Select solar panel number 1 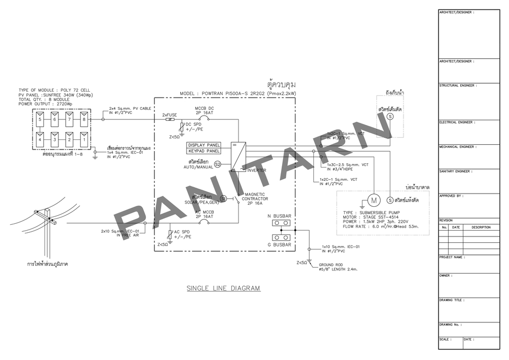click(83, 139)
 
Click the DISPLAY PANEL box click(204, 145)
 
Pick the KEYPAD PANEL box click(204, 151)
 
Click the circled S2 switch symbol click(217, 165)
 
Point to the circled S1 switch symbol click(224, 198)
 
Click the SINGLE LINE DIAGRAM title click(223, 288)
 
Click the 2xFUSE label click(169, 114)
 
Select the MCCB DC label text click(205, 108)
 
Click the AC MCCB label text click(205, 212)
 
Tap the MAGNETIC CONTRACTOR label click(254, 197)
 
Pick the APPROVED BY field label click(451, 196)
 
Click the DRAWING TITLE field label click(452, 300)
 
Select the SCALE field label click(445, 339)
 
